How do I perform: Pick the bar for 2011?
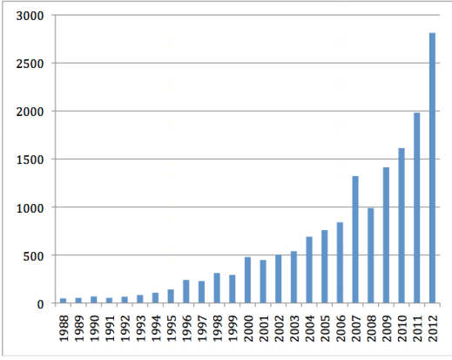417,208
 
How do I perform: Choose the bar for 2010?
401,226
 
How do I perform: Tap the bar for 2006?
340,262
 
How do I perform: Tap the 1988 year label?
64,328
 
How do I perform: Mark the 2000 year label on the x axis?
248,328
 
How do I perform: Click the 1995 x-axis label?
172,328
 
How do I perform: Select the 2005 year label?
326,328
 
